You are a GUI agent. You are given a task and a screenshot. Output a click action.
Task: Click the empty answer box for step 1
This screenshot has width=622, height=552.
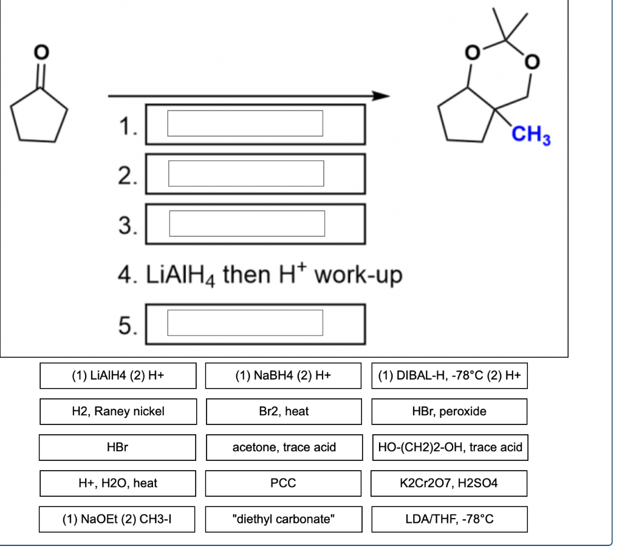click(245, 123)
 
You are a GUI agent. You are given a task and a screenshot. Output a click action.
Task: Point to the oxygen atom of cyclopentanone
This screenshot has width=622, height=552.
click(40, 53)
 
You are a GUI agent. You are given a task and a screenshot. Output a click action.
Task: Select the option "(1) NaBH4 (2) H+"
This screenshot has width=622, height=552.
click(284, 375)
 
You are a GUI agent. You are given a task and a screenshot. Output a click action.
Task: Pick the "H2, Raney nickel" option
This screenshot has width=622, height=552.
click(118, 411)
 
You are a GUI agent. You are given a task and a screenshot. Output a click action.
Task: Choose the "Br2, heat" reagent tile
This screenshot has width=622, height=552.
click(284, 411)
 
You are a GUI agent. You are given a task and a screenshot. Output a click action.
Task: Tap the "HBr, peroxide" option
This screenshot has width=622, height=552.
click(449, 411)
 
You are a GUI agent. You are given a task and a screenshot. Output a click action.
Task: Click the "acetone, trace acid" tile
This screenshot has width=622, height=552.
click(284, 448)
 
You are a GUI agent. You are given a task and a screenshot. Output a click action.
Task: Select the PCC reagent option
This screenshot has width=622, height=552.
click(284, 483)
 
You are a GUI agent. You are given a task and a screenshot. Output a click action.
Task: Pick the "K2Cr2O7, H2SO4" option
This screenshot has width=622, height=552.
click(449, 483)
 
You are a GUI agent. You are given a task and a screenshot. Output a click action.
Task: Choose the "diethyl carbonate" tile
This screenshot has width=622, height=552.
click(284, 519)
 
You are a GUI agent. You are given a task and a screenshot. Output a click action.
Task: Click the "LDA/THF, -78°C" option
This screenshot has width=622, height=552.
click(449, 519)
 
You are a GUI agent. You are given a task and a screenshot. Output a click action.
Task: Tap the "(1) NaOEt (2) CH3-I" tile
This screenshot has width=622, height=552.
click(118, 519)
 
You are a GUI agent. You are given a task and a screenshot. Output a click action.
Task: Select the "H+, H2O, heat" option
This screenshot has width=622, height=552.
click(118, 483)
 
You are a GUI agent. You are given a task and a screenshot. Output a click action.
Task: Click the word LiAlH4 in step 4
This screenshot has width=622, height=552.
click(177, 275)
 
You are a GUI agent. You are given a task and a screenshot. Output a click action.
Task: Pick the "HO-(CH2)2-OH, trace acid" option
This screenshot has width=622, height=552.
click(449, 448)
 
